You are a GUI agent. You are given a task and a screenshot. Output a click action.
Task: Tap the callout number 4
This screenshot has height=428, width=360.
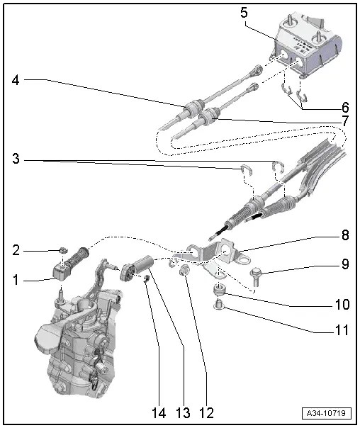click(x=16, y=81)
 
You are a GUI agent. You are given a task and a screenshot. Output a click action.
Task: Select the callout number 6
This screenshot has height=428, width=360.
click(x=345, y=108)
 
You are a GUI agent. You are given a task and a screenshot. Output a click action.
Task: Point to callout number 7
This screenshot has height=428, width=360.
click(x=345, y=121)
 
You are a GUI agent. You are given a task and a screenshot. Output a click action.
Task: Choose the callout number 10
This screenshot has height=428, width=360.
click(x=342, y=305)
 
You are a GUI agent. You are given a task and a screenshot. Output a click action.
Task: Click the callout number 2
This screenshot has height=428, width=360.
click(x=16, y=250)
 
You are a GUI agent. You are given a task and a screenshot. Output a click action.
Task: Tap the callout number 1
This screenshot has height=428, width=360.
click(x=16, y=281)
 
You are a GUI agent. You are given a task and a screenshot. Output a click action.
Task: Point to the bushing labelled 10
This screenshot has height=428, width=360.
click(x=220, y=291)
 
